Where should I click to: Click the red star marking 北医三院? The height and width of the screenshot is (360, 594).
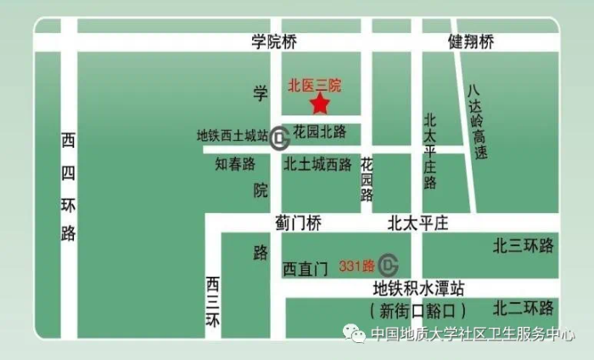320,104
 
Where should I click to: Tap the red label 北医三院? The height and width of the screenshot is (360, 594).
314,85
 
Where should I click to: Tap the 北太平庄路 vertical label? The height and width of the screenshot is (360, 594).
430,150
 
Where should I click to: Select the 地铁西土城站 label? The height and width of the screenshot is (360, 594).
233,134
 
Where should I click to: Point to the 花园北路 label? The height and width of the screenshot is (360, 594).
320,132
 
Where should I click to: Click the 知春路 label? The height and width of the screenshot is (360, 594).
234,165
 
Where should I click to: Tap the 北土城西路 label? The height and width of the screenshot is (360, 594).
317,165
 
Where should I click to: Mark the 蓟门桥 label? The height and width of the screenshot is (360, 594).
299,223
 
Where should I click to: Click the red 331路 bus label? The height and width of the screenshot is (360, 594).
356,265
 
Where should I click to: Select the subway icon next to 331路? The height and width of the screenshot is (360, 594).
389,265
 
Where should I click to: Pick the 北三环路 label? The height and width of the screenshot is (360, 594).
524,245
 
